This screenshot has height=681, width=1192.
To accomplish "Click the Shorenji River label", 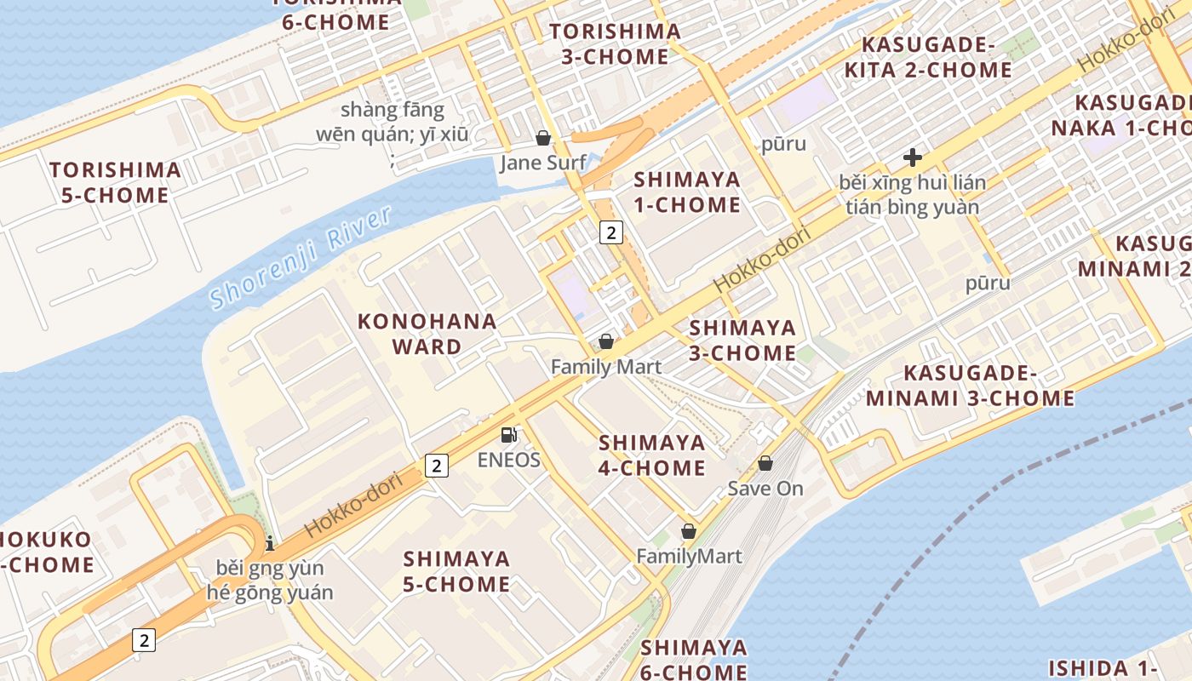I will [x=301, y=257].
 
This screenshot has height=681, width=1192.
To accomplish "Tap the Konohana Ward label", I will [x=427, y=334].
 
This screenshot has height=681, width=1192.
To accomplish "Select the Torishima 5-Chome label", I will [x=115, y=182].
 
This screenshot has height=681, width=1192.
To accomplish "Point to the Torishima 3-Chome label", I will [x=614, y=44].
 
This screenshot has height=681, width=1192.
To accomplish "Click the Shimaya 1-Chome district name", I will [x=687, y=192].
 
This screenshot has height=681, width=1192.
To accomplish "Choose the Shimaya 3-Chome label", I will [x=742, y=340].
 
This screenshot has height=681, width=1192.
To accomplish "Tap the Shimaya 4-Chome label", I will [x=652, y=455].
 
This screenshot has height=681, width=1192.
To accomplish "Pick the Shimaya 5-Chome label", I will [x=457, y=571].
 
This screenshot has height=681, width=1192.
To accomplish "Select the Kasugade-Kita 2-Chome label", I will [x=928, y=57].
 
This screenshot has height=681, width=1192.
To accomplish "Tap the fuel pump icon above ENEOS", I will [x=509, y=435].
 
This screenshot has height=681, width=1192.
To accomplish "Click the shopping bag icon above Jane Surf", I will [x=543, y=138].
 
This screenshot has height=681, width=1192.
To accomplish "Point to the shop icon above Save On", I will [x=765, y=463].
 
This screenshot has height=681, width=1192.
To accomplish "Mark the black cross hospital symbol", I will [x=913, y=157].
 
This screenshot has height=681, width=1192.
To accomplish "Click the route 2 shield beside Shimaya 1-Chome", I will [x=611, y=232].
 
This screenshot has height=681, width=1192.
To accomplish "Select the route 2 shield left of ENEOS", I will [x=436, y=466].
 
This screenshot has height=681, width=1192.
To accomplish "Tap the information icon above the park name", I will [x=270, y=542].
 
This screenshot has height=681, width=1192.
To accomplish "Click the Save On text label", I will [x=765, y=489].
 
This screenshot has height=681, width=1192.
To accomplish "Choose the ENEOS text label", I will [x=509, y=460].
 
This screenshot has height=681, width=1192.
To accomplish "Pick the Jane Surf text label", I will [x=543, y=163].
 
